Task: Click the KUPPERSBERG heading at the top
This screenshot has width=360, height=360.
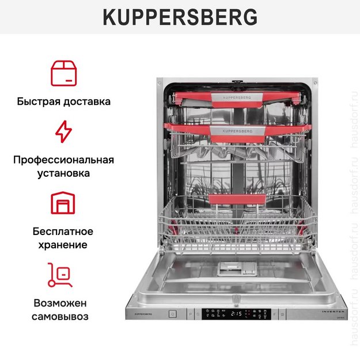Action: tap(180, 17)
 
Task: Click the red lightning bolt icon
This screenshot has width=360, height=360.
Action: tap(64, 131)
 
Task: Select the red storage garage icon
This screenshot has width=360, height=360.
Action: tap(64, 203)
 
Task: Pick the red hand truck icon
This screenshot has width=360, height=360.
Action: tap(60, 275)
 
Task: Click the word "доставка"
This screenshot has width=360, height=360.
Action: tap(87, 101)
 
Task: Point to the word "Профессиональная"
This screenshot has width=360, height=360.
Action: tap(64, 160)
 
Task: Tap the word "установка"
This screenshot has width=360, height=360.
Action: tap(64, 173)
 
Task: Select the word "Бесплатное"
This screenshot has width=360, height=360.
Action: tap(64, 231)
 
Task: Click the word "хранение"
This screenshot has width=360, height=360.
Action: tap(64, 244)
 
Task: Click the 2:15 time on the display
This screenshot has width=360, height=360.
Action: tap(236, 314)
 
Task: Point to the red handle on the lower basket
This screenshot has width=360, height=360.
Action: tap(237, 199)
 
